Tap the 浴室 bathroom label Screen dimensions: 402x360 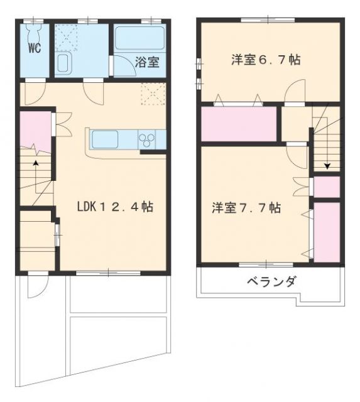pyautogui.click(x=148, y=63)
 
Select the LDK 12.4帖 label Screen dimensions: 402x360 pyautogui.click(x=116, y=206)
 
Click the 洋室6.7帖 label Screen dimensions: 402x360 pyautogui.click(x=265, y=60)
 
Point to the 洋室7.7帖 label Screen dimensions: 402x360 pyautogui.click(x=246, y=208)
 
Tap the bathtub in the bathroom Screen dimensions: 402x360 pyautogui.click(x=139, y=39)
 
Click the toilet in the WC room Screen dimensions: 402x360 pyautogui.click(x=33, y=32)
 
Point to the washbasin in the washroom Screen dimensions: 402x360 pyautogui.click(x=63, y=63)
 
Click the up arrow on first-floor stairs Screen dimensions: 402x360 pyautogui.click(x=36, y=165)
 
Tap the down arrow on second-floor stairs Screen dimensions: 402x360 pyautogui.click(x=327, y=165)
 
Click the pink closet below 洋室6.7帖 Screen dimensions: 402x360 pyautogui.click(x=239, y=124)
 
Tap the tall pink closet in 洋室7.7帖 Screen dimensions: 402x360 pyautogui.click(x=327, y=231)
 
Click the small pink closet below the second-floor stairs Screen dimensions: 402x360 pyautogui.click(x=327, y=187)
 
